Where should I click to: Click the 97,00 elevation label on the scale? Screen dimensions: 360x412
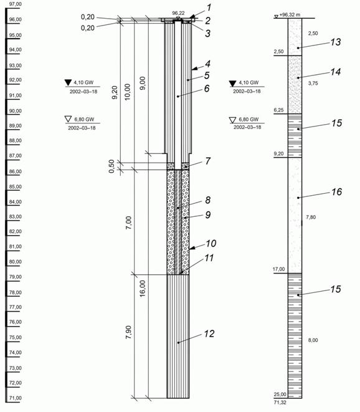point(15,4)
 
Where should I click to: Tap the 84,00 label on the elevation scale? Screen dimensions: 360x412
point(15,202)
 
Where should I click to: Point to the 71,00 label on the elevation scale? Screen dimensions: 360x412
point(15,398)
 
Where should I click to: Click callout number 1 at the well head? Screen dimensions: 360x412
point(209,7)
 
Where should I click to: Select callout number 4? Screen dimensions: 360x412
point(207,64)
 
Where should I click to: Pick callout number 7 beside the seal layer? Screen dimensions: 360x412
point(207,161)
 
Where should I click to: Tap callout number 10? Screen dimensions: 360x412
point(211,243)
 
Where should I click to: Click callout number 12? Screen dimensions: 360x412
point(209,333)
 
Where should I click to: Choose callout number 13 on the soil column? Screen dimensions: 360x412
point(335,42)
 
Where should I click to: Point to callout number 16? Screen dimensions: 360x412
point(336,192)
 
